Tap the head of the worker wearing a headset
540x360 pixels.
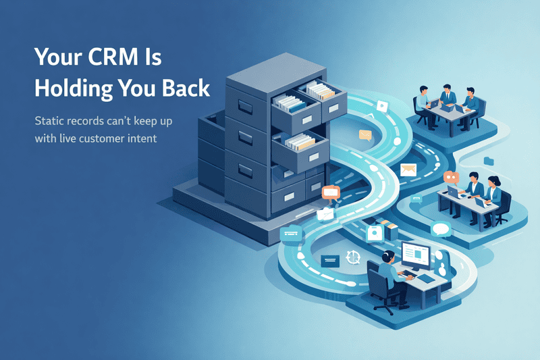click(x=386, y=257)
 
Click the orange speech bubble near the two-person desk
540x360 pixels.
click(x=451, y=178)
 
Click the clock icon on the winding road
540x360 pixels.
click(x=351, y=257)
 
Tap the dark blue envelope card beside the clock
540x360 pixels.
click(x=329, y=260)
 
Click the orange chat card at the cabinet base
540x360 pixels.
click(x=331, y=192)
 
